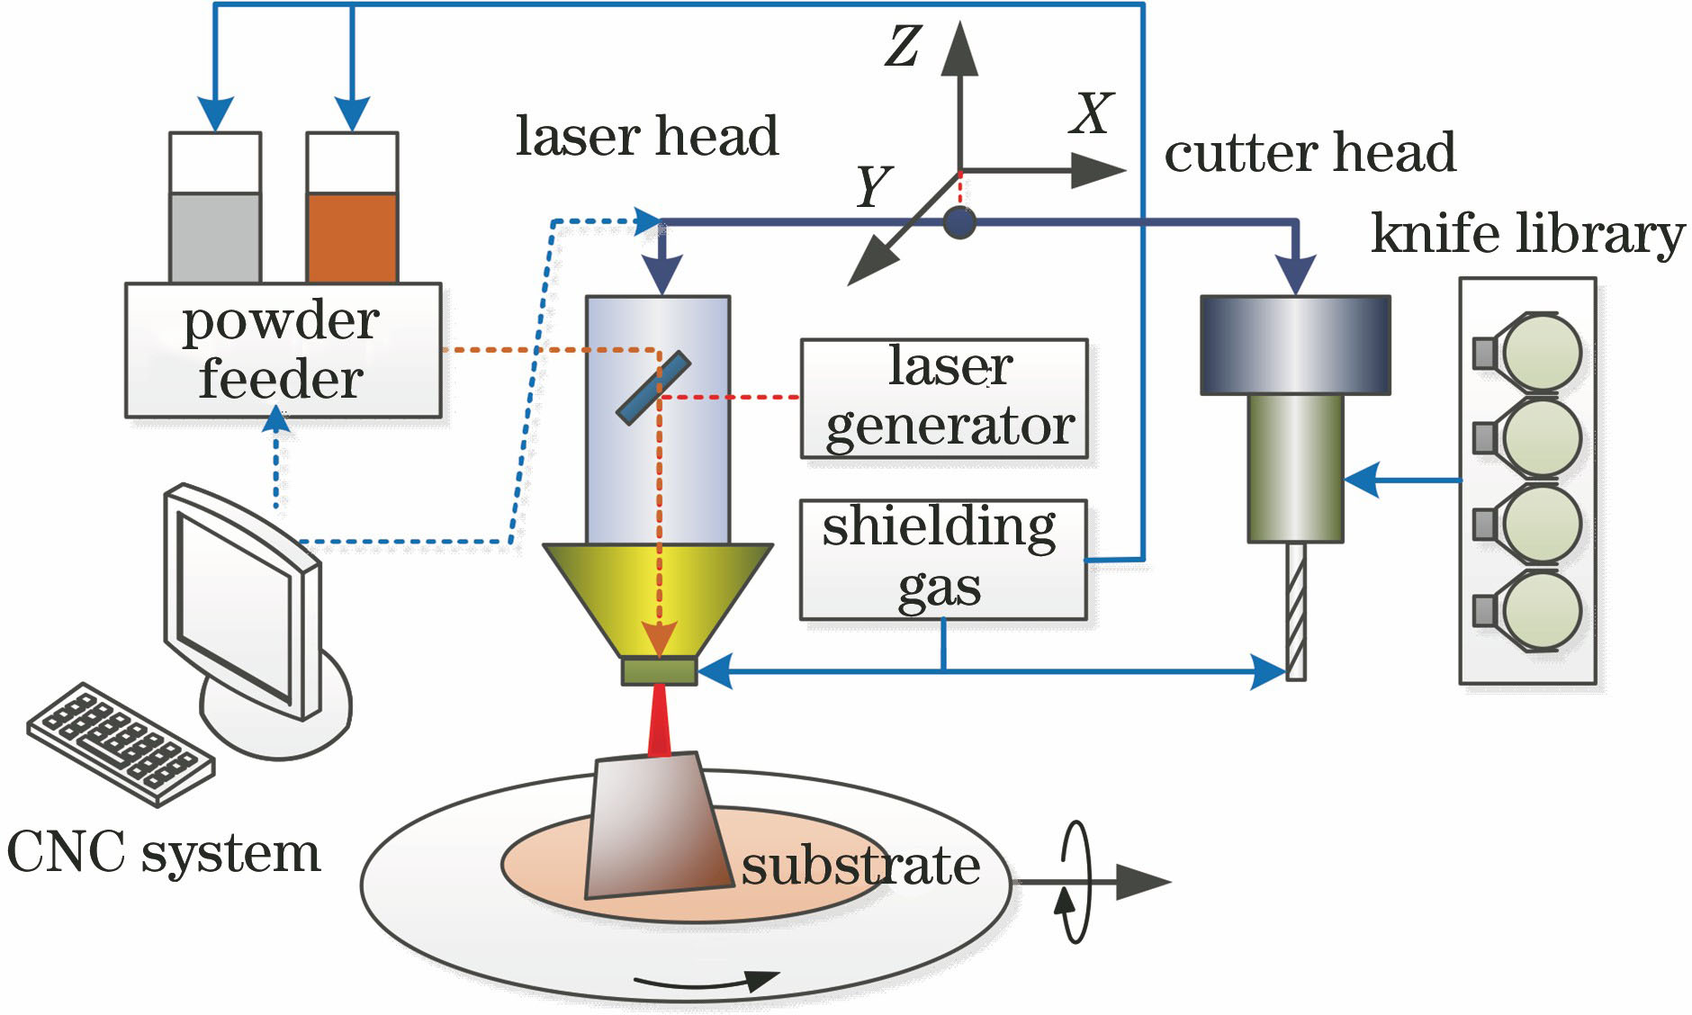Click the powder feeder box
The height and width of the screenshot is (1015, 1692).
(x=283, y=350)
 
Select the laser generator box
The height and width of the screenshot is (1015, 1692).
(x=944, y=398)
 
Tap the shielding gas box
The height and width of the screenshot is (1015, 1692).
(x=942, y=559)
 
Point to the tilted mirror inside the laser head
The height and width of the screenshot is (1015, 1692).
(x=653, y=387)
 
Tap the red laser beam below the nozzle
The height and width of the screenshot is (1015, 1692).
(x=660, y=720)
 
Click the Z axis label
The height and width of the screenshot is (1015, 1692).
(x=903, y=47)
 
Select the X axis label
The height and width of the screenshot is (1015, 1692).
(x=1092, y=114)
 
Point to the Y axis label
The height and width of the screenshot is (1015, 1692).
(x=873, y=187)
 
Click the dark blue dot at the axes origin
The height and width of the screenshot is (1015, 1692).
(x=960, y=222)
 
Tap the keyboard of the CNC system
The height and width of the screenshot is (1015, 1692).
(x=121, y=742)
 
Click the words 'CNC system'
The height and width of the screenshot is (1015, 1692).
(x=164, y=852)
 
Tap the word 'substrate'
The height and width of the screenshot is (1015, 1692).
(x=860, y=866)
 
